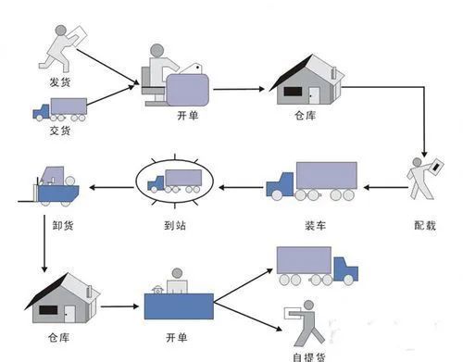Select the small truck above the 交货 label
click(60, 109)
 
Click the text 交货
click(59, 131)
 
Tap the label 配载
click(424, 223)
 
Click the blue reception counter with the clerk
click(178, 301)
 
